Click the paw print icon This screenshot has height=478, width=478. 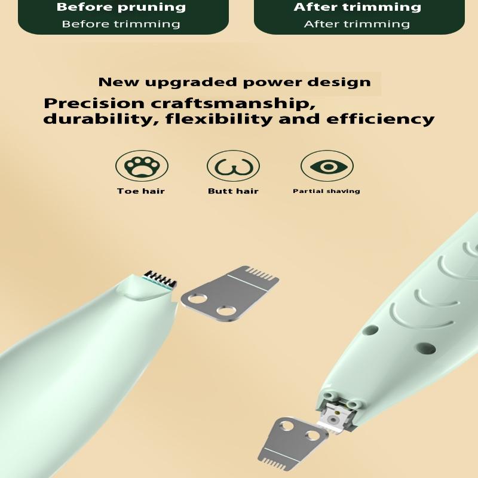142,167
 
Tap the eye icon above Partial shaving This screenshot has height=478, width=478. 327,167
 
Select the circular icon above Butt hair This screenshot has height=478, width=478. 233,166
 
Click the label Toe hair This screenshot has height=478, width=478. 141,191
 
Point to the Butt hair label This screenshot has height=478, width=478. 233,191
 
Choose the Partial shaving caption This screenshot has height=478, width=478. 326,191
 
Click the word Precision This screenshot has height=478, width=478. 94,103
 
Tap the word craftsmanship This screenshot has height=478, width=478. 233,103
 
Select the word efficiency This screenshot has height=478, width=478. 381,119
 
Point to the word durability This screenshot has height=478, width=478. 97,119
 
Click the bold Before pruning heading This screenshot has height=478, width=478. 121,7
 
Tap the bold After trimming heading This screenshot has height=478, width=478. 357,7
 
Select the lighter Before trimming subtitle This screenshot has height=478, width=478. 121,24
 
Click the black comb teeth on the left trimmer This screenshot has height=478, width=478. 161,278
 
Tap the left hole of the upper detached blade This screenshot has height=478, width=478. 198,298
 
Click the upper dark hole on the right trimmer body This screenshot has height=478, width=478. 370,330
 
